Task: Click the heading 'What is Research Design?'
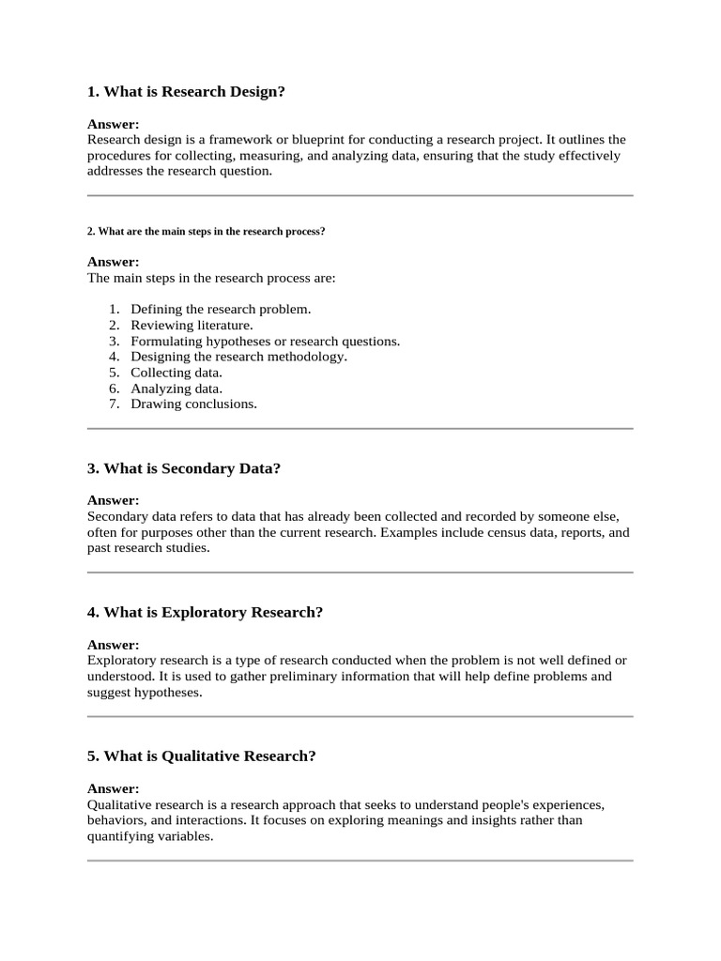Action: (186, 92)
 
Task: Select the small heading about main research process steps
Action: (206, 231)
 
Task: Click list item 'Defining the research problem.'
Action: (221, 309)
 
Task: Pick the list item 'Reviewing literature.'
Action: (192, 325)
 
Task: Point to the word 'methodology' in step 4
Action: (310, 357)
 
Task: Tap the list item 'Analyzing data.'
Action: (176, 389)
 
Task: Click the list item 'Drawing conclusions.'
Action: (193, 404)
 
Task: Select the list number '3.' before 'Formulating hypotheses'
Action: (114, 341)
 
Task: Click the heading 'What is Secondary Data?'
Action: (184, 468)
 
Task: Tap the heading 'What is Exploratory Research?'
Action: (205, 612)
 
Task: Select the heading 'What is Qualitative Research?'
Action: (202, 756)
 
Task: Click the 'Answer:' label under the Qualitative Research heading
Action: (113, 788)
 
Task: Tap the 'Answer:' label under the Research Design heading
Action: (113, 124)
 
